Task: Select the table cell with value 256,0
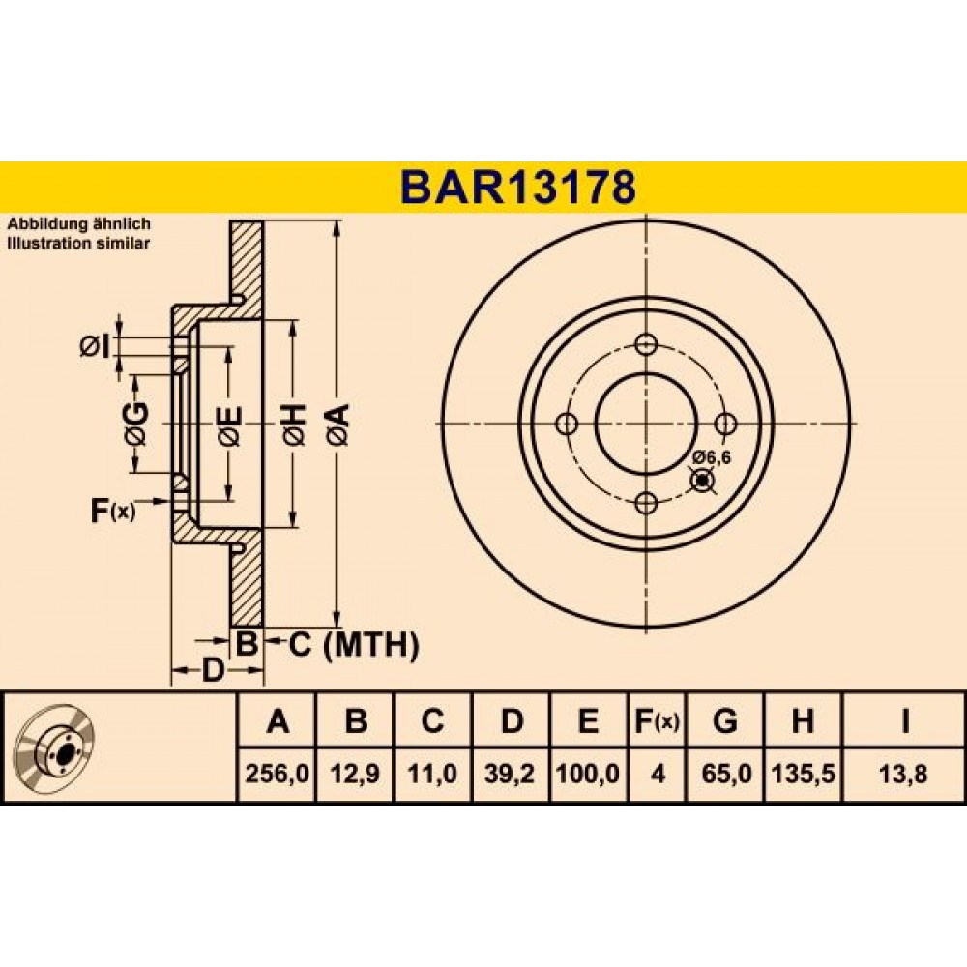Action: point(277,774)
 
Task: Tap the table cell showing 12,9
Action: point(356,774)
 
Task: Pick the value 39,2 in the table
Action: point(511,774)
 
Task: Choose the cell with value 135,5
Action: point(803,774)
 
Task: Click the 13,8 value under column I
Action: point(904,774)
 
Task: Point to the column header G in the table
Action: point(725,719)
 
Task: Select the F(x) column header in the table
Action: point(658,720)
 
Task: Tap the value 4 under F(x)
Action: point(658,774)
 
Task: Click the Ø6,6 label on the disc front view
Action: point(711,457)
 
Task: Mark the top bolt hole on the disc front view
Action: point(646,344)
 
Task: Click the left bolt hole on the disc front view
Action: point(566,424)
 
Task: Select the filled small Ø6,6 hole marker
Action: point(702,481)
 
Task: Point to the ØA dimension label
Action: point(339,425)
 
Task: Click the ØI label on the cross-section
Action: point(95,346)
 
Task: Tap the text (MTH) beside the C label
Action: point(371,645)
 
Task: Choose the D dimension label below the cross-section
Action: point(212,670)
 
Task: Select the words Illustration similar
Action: point(78,243)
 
